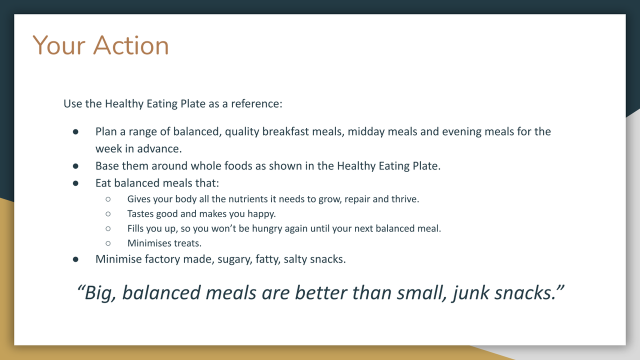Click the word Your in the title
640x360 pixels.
(x=59, y=45)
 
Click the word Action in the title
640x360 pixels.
(x=131, y=45)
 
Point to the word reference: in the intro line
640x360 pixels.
(x=256, y=103)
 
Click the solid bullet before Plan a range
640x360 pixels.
(x=75, y=131)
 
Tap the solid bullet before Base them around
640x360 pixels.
(x=75, y=166)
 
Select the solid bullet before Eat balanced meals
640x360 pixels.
(x=75, y=183)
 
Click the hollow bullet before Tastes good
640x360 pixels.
(x=108, y=213)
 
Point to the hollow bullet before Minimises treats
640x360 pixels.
(x=108, y=243)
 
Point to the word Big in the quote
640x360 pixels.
(x=100, y=293)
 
